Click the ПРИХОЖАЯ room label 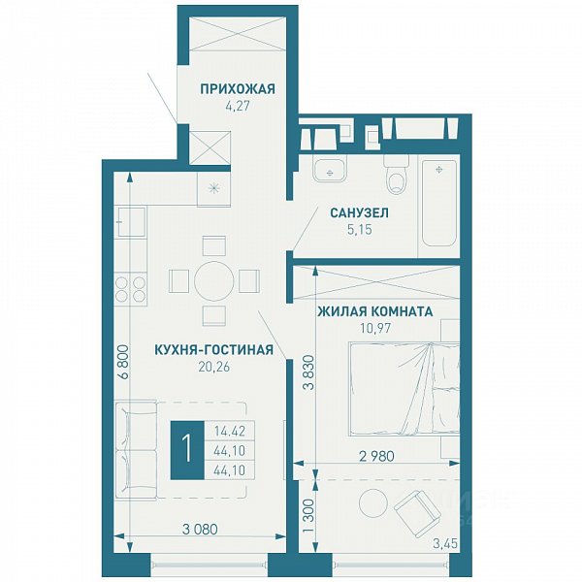(x=238, y=89)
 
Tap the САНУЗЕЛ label (x=359, y=213)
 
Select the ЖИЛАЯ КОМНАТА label (x=374, y=311)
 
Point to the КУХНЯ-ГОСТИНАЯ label (x=213, y=349)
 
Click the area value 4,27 (x=238, y=106)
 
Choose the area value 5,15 (x=360, y=230)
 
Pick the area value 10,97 (x=375, y=328)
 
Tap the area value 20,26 (x=214, y=367)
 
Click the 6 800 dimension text (x=123, y=362)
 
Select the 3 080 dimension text (x=200, y=530)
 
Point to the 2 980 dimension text (x=376, y=456)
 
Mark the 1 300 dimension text (x=308, y=514)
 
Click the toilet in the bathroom (x=397, y=174)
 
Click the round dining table (x=214, y=280)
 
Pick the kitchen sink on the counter (x=131, y=222)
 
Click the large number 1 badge (x=187, y=449)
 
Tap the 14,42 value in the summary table (x=230, y=432)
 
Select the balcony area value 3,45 (x=445, y=544)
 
